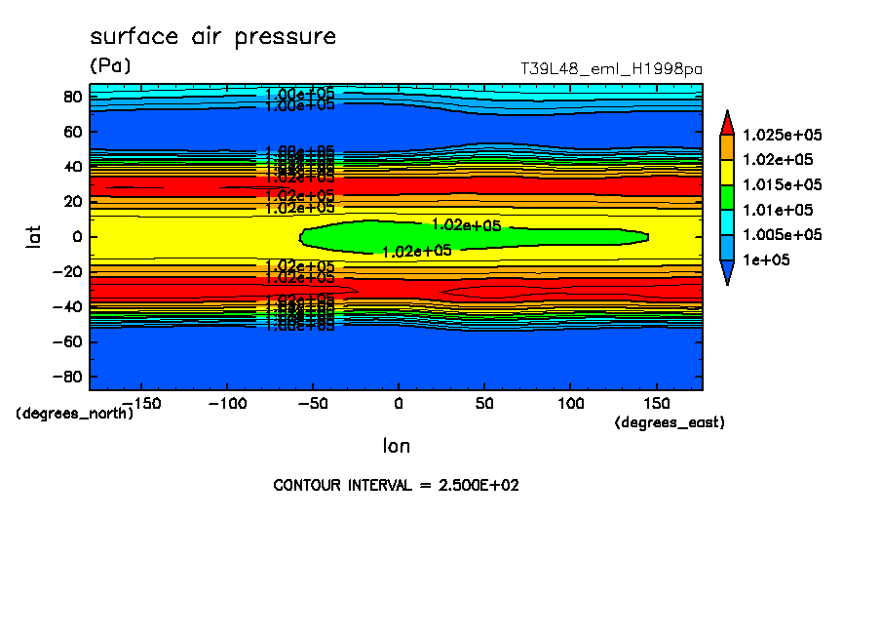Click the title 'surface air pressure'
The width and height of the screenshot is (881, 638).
[x=212, y=37]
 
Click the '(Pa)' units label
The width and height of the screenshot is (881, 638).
[x=110, y=66]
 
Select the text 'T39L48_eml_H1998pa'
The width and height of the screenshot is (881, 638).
[x=611, y=69]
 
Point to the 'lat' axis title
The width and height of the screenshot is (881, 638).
[x=34, y=235]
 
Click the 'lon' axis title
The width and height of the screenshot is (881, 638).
[x=396, y=446]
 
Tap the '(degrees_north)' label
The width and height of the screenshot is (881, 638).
[x=74, y=413]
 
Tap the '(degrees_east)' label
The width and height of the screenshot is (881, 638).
[x=670, y=422]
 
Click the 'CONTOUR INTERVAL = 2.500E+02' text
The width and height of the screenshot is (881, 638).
[x=396, y=485]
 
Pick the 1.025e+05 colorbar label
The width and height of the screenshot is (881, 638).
[x=783, y=135]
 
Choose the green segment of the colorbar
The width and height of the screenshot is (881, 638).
[x=727, y=197]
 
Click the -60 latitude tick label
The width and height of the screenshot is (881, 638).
[x=68, y=341]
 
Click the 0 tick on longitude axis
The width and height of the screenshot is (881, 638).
[x=398, y=403]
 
